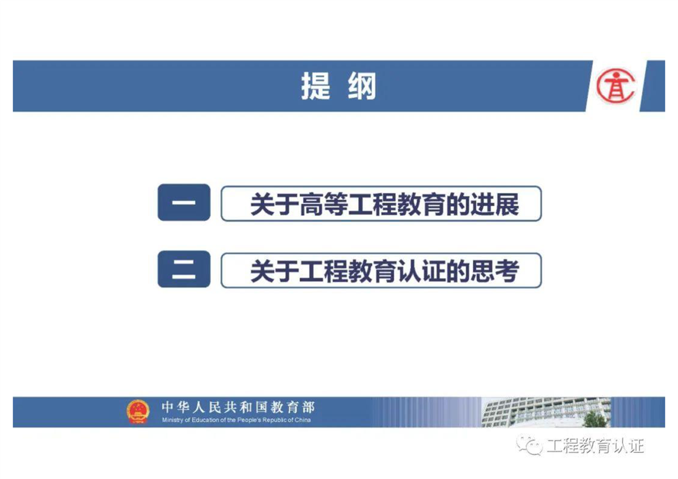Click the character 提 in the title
point(316,86)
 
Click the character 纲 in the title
point(362,86)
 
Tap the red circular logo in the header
point(616,86)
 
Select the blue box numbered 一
point(184,202)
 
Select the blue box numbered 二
point(184,269)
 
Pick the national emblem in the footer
point(138,411)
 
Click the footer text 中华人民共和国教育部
point(238,407)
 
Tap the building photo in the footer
point(546,412)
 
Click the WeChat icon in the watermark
point(530,445)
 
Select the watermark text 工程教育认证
point(595,445)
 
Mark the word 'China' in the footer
point(303,420)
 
